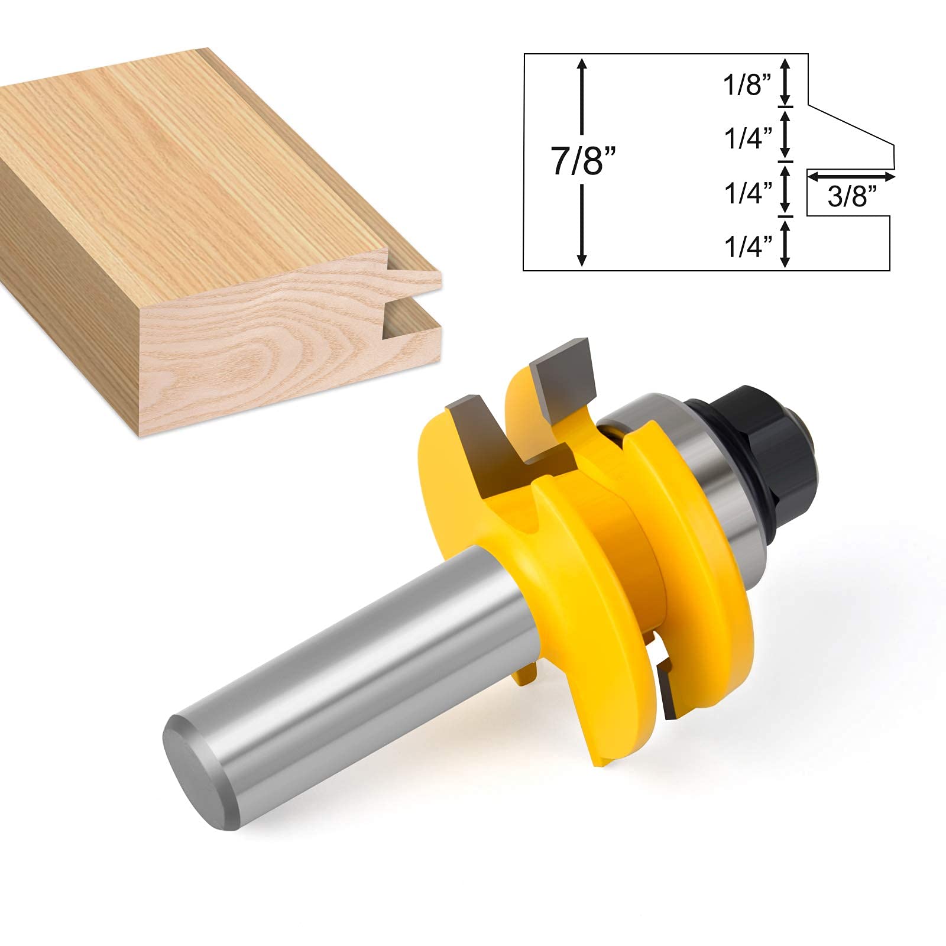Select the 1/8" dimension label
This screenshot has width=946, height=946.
click(747, 86)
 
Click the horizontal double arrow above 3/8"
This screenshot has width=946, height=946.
click(852, 176)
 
